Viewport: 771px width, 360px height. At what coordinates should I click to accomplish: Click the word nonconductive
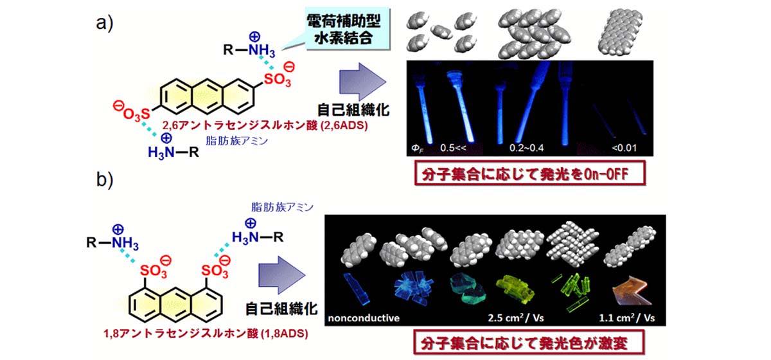[x=364, y=317]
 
